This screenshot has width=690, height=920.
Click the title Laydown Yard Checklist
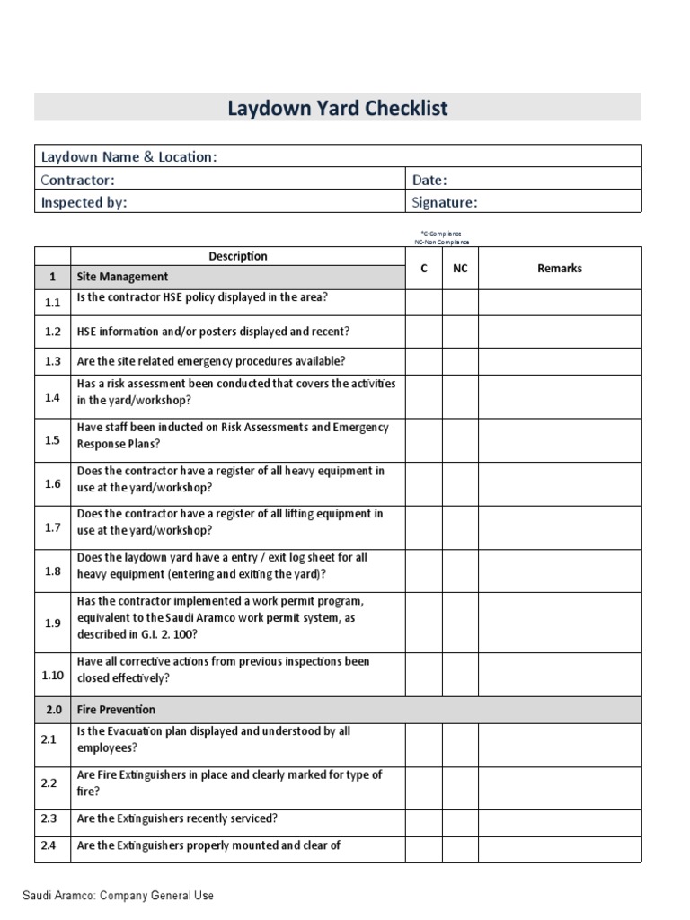click(x=337, y=109)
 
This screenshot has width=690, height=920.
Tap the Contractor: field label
click(x=78, y=180)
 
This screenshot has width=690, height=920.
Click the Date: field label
click(x=429, y=180)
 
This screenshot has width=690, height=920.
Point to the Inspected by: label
click(x=84, y=202)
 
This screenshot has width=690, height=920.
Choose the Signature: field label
click(x=445, y=202)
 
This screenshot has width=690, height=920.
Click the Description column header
click(x=238, y=256)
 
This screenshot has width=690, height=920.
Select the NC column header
click(x=460, y=268)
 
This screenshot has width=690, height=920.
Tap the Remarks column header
click(x=560, y=268)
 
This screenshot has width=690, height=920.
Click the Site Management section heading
click(x=122, y=277)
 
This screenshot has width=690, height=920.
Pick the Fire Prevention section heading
click(x=117, y=709)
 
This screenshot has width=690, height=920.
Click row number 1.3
click(x=52, y=361)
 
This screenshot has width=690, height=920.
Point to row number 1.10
click(x=52, y=674)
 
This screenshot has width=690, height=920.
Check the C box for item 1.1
click(x=423, y=303)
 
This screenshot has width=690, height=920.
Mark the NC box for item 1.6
click(x=460, y=484)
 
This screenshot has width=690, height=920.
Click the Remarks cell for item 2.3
click(x=560, y=818)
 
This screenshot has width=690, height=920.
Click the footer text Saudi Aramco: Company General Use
click(x=118, y=896)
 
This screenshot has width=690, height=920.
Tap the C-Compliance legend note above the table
click(x=436, y=234)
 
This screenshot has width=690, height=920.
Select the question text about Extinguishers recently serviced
click(x=177, y=818)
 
